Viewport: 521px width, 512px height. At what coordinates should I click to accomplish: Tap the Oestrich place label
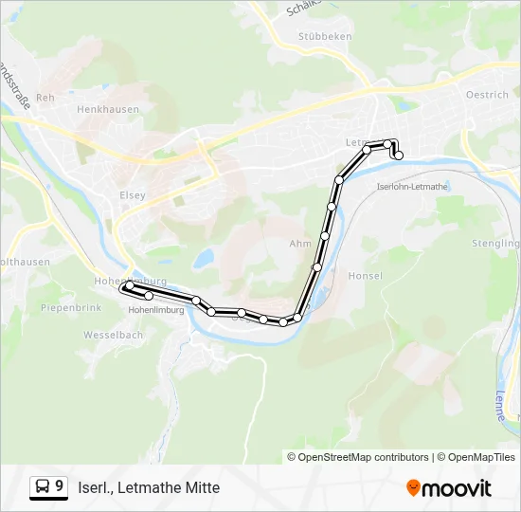[487, 95]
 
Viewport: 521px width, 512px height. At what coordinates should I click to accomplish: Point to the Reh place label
[44, 98]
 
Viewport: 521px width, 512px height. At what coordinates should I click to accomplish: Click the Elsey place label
[133, 195]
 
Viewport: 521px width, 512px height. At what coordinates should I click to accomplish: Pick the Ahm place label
[299, 244]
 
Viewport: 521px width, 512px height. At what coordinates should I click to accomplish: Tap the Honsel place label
[366, 276]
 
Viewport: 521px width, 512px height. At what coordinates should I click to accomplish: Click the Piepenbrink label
[70, 308]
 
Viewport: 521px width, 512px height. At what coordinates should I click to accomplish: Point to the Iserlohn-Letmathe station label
[412, 187]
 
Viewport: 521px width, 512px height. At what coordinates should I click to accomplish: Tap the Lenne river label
[500, 406]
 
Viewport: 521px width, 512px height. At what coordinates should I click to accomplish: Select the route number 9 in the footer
[60, 486]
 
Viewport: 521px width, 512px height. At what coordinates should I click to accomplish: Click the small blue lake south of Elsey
[204, 258]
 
